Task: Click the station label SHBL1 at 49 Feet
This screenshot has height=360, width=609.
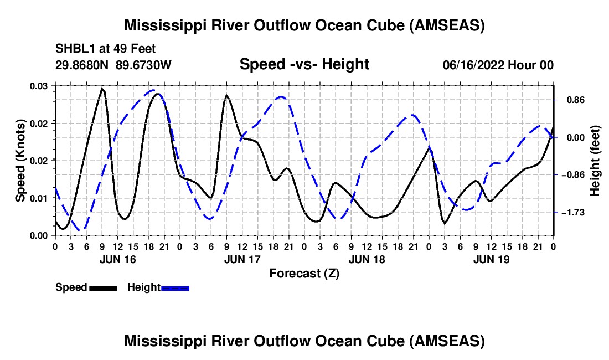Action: tap(105, 49)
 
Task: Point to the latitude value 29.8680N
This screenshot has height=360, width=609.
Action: tap(81, 65)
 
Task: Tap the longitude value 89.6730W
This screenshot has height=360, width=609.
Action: tap(143, 65)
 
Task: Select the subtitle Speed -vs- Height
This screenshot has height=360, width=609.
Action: tap(304, 64)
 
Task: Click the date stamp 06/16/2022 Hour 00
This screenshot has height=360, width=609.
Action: tap(498, 65)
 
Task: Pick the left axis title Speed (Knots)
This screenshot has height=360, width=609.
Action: tap(20, 161)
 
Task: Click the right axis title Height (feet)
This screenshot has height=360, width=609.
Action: tap(595, 161)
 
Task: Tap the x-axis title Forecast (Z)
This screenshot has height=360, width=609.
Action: tap(304, 274)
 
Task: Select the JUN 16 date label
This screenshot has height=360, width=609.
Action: tap(118, 259)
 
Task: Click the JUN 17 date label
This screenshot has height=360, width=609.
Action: tap(242, 259)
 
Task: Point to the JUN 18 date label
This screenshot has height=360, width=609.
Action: tap(367, 259)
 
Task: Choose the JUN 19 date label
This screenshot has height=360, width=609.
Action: tap(491, 259)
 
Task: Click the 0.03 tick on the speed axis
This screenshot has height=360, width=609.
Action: tap(38, 86)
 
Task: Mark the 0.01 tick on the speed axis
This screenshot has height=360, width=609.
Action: tap(38, 198)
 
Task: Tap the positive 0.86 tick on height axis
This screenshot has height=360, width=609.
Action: tap(576, 100)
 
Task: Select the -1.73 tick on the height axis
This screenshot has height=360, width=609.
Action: tap(573, 213)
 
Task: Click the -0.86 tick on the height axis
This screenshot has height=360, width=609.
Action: tap(573, 175)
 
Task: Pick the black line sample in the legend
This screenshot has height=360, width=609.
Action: tap(104, 288)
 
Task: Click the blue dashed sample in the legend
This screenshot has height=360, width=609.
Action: tap(175, 288)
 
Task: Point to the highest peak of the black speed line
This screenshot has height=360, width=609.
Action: tap(102, 89)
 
